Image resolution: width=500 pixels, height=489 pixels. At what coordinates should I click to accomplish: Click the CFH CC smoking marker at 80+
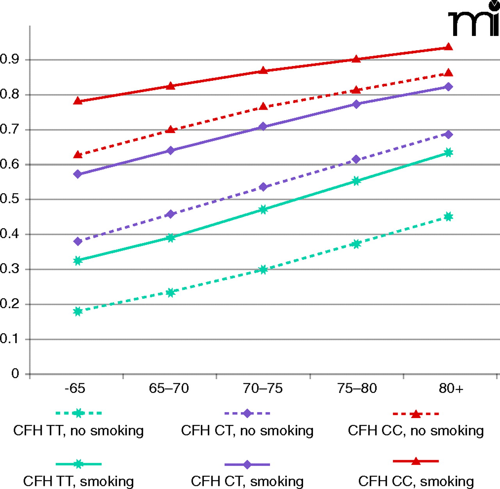(448, 47)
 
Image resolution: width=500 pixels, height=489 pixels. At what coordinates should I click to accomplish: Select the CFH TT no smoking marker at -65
(78, 311)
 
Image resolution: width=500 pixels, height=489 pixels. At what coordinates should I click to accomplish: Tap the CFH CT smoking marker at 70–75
(263, 126)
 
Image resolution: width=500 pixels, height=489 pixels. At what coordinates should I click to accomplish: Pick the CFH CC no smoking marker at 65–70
(170, 130)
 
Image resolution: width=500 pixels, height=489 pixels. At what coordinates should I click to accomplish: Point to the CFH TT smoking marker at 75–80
(356, 181)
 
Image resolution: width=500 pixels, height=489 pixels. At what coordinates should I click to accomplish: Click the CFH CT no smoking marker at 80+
(448, 135)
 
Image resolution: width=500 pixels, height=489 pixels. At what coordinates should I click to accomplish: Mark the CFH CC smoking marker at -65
(78, 101)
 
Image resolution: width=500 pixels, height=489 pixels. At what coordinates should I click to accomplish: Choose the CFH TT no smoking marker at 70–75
(263, 270)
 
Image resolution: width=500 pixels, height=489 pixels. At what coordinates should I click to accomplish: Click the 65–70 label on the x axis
(169, 389)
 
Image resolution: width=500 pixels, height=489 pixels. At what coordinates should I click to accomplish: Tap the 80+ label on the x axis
(451, 389)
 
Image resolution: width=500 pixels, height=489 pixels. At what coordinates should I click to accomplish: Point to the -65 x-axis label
(75, 389)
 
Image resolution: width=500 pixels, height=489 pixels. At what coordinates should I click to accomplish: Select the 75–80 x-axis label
(357, 389)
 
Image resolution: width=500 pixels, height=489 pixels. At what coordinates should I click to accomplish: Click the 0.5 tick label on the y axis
(9, 199)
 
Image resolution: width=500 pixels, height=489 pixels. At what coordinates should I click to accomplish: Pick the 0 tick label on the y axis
(15, 374)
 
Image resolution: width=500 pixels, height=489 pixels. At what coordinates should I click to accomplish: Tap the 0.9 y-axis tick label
(9, 59)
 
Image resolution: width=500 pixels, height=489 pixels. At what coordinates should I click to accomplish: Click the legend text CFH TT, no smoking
(79, 431)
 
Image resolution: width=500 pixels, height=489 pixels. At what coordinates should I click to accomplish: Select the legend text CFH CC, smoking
(416, 481)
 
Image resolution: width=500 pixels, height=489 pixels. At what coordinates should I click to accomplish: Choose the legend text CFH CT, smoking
(247, 481)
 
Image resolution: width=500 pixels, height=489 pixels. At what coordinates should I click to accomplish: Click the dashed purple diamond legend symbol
(247, 413)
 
